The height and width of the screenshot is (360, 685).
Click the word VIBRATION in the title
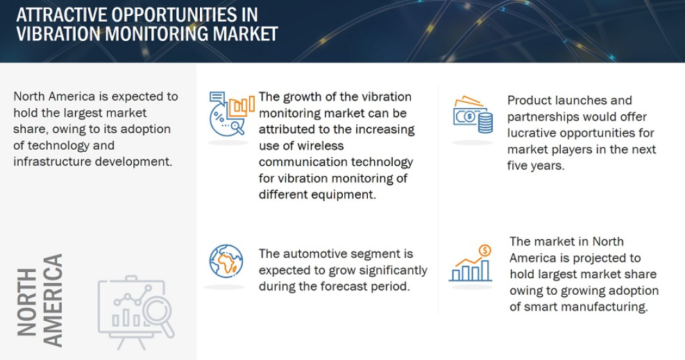tap(58, 34)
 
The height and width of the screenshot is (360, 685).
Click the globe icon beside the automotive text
tap(226, 262)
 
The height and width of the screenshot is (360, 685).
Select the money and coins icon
tap(473, 114)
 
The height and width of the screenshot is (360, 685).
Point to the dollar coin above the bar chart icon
tap(485, 250)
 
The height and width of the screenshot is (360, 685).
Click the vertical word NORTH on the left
tap(27, 302)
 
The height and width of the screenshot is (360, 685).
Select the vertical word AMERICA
tap(53, 300)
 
